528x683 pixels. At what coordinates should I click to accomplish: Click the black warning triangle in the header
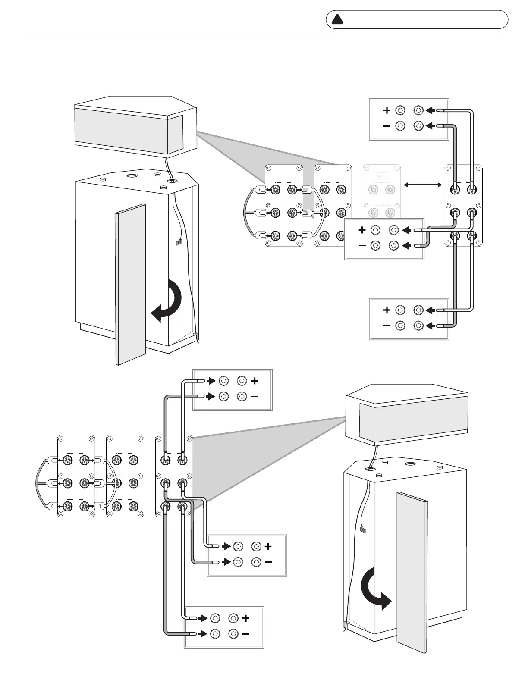(x=337, y=19)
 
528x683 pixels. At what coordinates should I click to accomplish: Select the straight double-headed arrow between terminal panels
(x=423, y=185)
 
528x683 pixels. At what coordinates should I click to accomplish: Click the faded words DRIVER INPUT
(x=382, y=174)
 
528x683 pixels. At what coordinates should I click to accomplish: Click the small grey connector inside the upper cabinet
(x=179, y=242)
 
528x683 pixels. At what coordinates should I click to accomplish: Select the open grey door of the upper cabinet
(x=130, y=285)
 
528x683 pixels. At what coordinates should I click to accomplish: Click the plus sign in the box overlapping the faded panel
(x=362, y=230)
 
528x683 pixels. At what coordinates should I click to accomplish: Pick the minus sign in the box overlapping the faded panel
(x=362, y=246)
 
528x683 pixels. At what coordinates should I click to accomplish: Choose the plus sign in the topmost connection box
(x=387, y=110)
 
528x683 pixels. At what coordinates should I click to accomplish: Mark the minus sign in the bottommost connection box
(x=246, y=634)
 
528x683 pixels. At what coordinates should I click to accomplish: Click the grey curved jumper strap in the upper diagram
(x=245, y=212)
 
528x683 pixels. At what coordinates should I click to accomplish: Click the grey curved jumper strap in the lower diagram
(x=38, y=483)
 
